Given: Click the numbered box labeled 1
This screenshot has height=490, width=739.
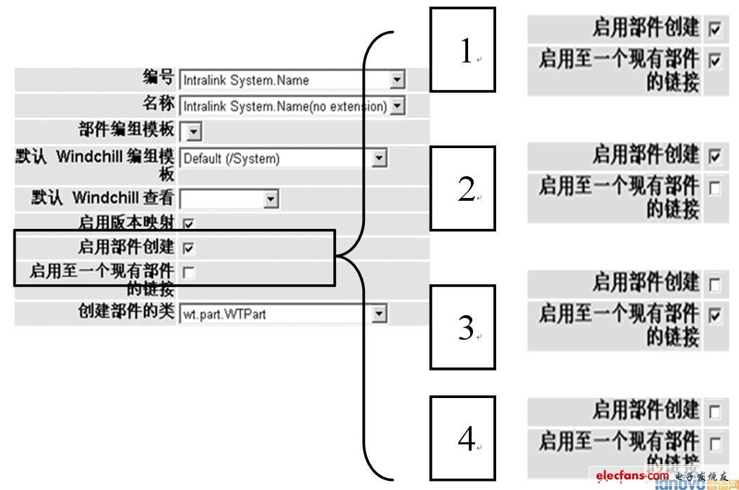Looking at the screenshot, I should coord(462,50).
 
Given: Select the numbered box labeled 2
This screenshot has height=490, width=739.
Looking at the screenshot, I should coord(462,188).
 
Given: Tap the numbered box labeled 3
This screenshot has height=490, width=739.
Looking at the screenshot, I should coord(462,326).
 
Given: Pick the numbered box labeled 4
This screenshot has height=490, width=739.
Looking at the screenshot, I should coord(462,438).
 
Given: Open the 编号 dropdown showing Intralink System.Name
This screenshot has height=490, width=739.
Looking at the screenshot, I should coord(293,80).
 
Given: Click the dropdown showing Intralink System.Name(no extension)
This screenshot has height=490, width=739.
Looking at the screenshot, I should coord(293,107).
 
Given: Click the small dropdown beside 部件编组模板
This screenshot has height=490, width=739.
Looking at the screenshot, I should coord(191,131).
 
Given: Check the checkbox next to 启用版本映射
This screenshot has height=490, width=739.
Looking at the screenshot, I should coord(188,225).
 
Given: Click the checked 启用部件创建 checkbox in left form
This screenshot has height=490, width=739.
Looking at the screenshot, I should coord(188,248).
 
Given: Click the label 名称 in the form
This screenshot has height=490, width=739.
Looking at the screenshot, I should coord(158,105).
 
